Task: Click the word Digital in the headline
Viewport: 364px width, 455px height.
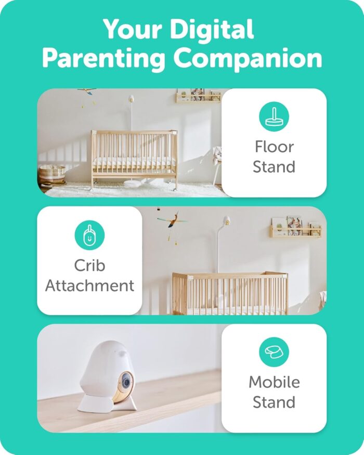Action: point(211,29)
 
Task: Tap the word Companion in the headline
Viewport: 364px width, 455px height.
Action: point(248,59)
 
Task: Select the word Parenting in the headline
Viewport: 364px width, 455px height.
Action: point(103,59)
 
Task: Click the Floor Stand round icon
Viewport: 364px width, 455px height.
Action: point(274,116)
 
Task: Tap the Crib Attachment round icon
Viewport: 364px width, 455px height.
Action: point(89,235)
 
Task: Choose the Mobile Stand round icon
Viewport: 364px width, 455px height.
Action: point(274,352)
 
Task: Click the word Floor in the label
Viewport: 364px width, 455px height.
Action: point(275,147)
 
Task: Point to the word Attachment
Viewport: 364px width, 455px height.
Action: point(89,285)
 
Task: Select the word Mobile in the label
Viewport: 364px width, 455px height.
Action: point(275,382)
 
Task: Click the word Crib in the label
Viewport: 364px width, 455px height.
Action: point(89,265)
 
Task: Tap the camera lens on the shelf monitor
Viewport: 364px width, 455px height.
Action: point(126,382)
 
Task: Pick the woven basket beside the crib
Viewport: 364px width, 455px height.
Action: point(52,174)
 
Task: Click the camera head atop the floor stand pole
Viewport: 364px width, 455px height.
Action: point(131,99)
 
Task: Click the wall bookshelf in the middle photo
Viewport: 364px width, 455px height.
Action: point(296,227)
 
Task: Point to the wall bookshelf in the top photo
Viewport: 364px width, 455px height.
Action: point(199,96)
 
